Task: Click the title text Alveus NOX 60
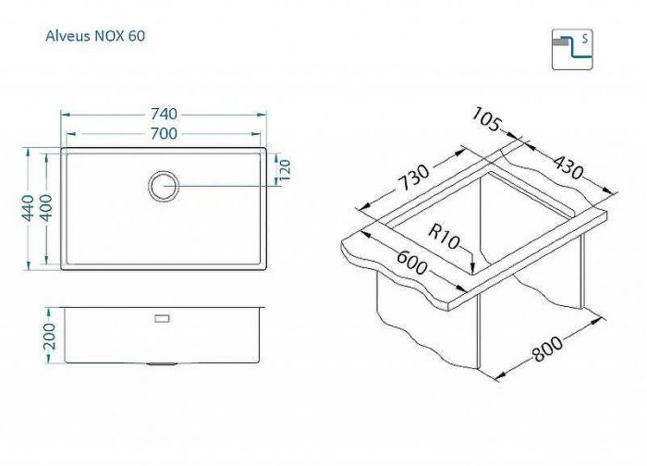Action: click(93, 37)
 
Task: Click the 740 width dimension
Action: click(164, 115)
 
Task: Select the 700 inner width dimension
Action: click(164, 134)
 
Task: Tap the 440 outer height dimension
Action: click(29, 208)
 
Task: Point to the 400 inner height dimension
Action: click(47, 208)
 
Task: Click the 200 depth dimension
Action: click(51, 337)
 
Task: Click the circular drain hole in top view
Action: click(164, 184)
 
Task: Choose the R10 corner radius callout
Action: click(443, 239)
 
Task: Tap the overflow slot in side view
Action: click(164, 317)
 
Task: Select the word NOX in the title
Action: click(105, 37)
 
